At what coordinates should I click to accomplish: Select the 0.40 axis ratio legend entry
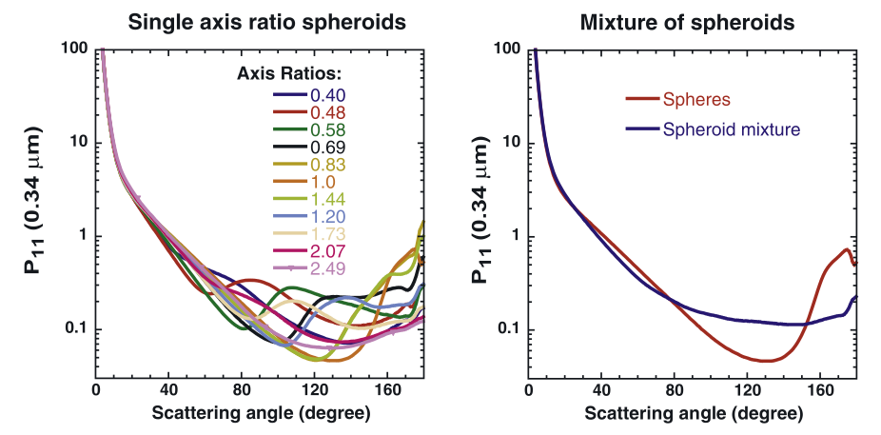click(x=326, y=95)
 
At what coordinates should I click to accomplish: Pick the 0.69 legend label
click(x=326, y=148)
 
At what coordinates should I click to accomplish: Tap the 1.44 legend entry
click(x=326, y=200)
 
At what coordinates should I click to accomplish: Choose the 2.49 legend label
click(x=326, y=269)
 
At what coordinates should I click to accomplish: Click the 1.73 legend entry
click(x=326, y=234)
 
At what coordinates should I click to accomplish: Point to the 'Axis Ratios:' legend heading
click(x=289, y=73)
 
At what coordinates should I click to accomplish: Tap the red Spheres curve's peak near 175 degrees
click(x=846, y=249)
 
